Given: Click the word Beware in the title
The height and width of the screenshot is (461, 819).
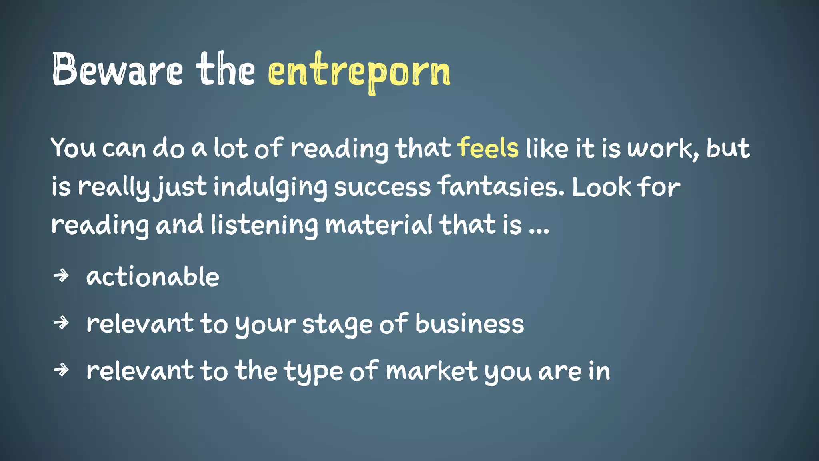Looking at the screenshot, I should [117, 70].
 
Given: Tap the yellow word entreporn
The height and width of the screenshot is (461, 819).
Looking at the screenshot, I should [359, 72].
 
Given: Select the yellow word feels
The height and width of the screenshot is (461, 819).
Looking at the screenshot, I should [488, 148].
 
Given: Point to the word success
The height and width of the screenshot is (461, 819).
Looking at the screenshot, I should [382, 187].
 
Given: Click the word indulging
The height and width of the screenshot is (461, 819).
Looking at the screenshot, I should [270, 187].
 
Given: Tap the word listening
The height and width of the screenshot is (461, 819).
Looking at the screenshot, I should [264, 225].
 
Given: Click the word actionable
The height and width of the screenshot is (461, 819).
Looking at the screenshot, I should [152, 277].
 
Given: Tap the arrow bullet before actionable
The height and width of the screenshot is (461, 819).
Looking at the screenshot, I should [61, 276].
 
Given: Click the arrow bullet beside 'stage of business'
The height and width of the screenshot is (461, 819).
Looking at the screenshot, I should [61, 323].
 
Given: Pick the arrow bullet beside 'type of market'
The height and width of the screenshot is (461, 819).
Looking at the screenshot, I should [61, 370].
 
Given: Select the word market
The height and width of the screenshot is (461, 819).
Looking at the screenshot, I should [431, 371].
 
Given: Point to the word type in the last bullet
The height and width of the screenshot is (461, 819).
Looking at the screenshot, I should [314, 371].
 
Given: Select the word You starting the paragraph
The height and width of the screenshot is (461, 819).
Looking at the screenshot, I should [73, 148].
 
